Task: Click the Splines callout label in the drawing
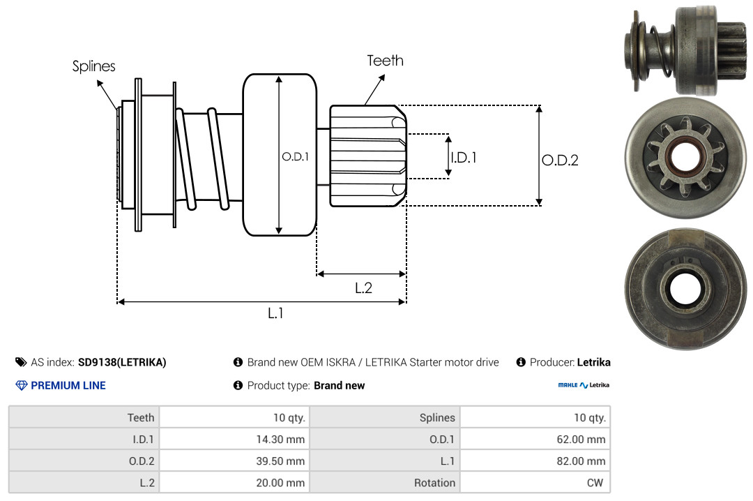coord(94,66)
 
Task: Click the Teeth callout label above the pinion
coord(385,61)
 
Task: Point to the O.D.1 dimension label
coord(294,157)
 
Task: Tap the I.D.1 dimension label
coord(463,158)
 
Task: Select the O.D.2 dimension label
coord(560,160)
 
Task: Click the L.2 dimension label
coord(363,287)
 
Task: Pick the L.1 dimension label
coord(276,313)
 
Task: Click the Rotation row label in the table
coord(434,482)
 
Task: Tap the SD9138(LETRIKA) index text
coord(122,362)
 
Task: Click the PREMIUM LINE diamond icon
coord(21,385)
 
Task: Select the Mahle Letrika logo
coord(584,385)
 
